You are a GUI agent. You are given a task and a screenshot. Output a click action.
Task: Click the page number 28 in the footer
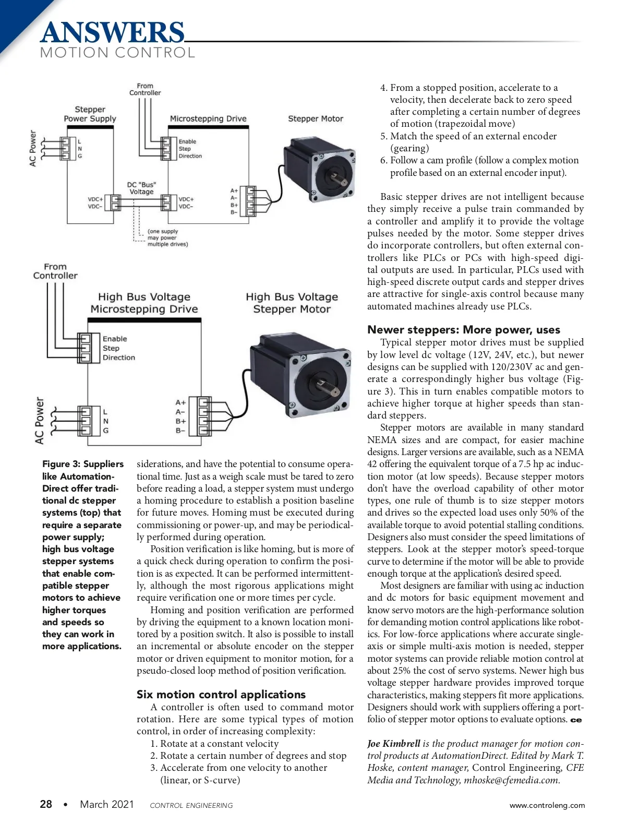pyautogui.click(x=46, y=804)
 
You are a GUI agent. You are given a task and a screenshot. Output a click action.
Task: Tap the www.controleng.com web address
pyautogui.click(x=547, y=805)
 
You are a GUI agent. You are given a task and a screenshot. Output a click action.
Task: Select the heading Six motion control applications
pyautogui.click(x=221, y=694)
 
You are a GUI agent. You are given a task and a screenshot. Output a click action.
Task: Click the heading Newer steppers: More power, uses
pyautogui.click(x=463, y=329)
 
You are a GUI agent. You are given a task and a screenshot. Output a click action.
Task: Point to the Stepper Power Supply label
pyautogui.click(x=90, y=114)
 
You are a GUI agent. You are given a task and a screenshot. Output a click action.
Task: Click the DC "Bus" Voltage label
pyautogui.click(x=141, y=188)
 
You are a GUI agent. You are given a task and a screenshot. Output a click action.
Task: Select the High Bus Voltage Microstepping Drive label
pyautogui.click(x=144, y=303)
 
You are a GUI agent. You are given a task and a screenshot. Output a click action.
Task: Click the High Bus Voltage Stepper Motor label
pyautogui.click(x=292, y=303)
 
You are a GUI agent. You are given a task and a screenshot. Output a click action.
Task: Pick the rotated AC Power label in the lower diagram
pyautogui.click(x=40, y=421)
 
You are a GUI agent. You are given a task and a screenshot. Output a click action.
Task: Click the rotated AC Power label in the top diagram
pyautogui.click(x=33, y=148)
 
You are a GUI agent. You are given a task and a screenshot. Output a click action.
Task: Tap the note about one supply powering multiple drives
pyautogui.click(x=167, y=237)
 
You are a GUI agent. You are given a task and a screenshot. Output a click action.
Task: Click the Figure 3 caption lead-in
pyautogui.click(x=82, y=464)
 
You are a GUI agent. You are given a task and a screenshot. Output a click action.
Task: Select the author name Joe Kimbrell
pyautogui.click(x=393, y=744)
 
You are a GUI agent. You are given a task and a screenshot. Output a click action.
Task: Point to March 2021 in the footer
pyautogui.click(x=106, y=804)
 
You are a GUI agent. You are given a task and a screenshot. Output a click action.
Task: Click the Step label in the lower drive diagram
pyautogui.click(x=111, y=348)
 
